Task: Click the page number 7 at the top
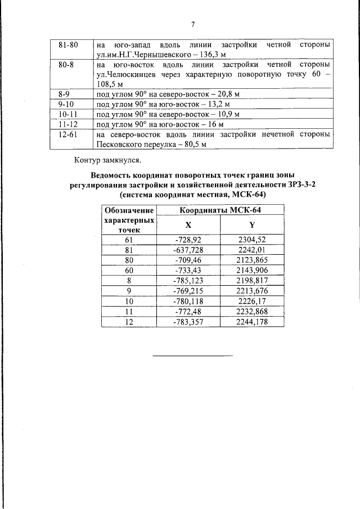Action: pos(192,24)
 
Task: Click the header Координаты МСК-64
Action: pos(221,210)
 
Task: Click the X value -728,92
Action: pos(188,240)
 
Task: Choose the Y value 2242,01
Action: pos(252,250)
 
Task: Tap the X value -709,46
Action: pos(188,260)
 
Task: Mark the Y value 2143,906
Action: pos(252,270)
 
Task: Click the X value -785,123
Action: pos(188,280)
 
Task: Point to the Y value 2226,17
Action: pos(252,301)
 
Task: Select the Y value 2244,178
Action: pos(252,321)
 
